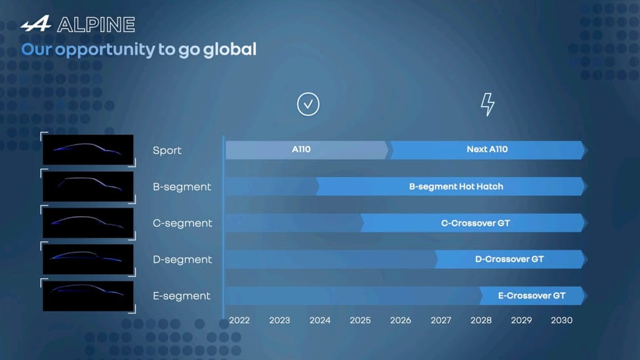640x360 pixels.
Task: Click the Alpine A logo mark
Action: (36, 24)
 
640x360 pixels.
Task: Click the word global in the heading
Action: (230, 49)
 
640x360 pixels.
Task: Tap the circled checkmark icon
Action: (308, 104)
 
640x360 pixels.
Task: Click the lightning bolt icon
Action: (487, 104)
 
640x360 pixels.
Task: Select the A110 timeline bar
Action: (307, 150)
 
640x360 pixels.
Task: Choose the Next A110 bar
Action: (489, 150)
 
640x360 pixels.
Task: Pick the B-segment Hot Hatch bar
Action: (452, 186)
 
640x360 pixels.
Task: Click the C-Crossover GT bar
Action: (474, 223)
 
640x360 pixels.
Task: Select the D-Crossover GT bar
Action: (511, 259)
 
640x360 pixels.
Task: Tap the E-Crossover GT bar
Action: (533, 296)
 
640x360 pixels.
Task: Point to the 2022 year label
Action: (239, 321)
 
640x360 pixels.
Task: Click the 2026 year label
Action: (401, 321)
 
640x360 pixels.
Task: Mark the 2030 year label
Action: (561, 321)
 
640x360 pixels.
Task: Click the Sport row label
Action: (167, 151)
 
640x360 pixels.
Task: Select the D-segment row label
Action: (182, 260)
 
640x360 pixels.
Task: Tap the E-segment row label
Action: (182, 296)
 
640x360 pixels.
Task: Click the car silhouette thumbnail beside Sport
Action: (88, 150)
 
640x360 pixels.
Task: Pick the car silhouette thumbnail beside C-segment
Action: (88, 223)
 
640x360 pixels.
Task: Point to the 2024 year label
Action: (320, 321)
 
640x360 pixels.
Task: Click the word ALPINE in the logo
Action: (96, 25)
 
